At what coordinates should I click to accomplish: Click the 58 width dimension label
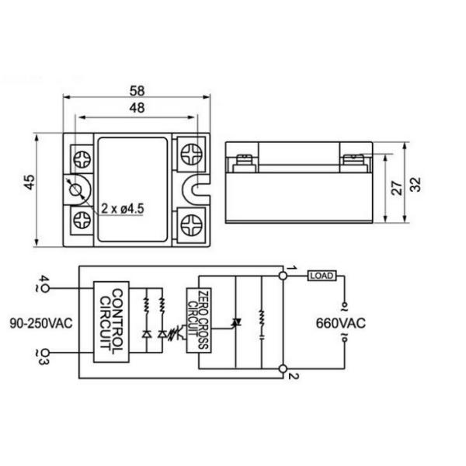point(137,91)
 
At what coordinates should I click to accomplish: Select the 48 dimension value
point(137,108)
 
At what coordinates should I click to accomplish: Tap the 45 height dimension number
point(30,183)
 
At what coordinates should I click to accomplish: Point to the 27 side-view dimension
point(396,188)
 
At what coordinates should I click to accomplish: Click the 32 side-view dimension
point(416,185)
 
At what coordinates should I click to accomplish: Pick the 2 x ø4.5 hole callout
point(123,208)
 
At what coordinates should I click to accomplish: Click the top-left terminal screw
point(82,159)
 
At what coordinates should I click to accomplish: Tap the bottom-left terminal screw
point(82,220)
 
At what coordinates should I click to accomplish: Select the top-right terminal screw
point(191,155)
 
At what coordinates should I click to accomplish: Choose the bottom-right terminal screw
point(191,225)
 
